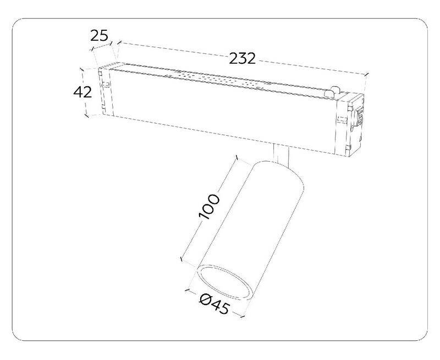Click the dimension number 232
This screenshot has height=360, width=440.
coord(242,58)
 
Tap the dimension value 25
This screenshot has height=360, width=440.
coord(99,36)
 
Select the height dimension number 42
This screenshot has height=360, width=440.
coord(82,92)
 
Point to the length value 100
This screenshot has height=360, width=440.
coord(209,206)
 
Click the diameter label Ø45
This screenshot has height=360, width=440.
coord(215,304)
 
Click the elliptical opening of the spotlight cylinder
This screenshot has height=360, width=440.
coord(224,283)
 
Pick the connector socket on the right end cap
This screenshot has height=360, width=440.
coord(359,116)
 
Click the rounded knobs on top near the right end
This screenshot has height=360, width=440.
coord(332,92)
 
